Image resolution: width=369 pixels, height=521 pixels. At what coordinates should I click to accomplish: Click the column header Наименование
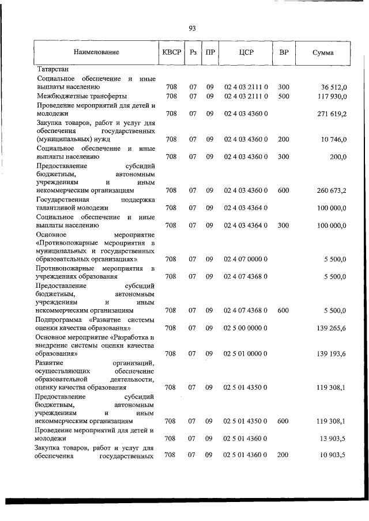96,52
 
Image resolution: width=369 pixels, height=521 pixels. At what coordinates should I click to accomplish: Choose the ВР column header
284,52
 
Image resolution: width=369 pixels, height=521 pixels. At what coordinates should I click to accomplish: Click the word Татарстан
52,70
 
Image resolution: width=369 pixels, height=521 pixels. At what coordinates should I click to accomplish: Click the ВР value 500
284,96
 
